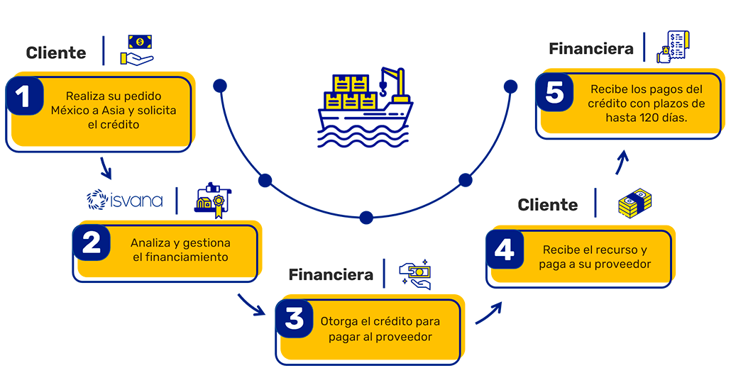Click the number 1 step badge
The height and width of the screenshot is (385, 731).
24,98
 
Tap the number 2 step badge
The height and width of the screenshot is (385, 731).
92,243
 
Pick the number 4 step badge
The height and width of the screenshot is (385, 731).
504,251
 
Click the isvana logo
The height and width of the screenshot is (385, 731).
124,200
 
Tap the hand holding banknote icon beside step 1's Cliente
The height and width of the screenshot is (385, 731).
137,50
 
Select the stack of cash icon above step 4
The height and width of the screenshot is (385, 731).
634,203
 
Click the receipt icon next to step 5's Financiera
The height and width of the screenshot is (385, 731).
674,48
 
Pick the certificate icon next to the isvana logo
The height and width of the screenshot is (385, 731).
213,199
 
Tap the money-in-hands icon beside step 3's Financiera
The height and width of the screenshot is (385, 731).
415,274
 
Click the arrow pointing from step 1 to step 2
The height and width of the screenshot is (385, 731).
106,169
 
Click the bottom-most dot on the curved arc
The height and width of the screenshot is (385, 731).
366,217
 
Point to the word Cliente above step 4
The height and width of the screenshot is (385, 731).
548,205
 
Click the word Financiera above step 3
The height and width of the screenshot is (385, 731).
331,274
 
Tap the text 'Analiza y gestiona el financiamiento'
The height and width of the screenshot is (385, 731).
180,250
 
